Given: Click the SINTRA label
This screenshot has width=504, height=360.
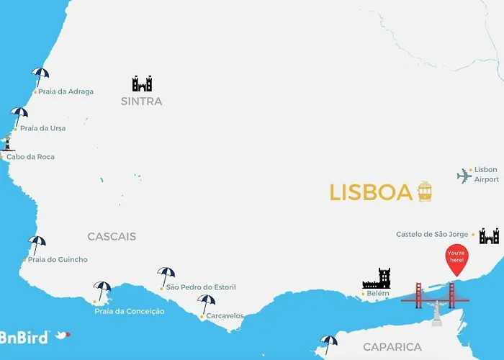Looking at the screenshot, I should coord(141,102).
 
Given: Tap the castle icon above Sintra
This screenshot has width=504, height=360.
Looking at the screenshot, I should coord(142,84).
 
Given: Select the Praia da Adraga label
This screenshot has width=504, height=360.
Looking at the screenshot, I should coord(66,91).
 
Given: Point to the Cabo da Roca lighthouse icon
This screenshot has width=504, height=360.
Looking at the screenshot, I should coord(8,142).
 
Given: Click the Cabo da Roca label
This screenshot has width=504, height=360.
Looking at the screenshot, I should coord(30,157).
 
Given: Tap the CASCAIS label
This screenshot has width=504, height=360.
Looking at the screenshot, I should coord(112,236).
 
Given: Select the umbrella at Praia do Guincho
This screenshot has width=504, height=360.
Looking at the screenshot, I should coord(37,244).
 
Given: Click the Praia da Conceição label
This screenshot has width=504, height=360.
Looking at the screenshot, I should coord(129,311).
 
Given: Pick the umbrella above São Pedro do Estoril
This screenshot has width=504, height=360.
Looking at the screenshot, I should coord(166,275).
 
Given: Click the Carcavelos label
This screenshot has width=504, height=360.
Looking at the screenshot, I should coord(225,315).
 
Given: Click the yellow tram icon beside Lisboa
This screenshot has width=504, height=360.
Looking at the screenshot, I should coord(425,192).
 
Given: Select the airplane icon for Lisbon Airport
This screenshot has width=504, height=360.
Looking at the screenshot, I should coord(464,176).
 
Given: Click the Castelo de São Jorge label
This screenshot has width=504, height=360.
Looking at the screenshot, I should coord(433,234).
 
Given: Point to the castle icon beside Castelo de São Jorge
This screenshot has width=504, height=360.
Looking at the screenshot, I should coord(490,235).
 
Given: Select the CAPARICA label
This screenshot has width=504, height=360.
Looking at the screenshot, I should coord(392,347).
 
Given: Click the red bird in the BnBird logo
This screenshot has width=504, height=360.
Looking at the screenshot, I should coord(63,335).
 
